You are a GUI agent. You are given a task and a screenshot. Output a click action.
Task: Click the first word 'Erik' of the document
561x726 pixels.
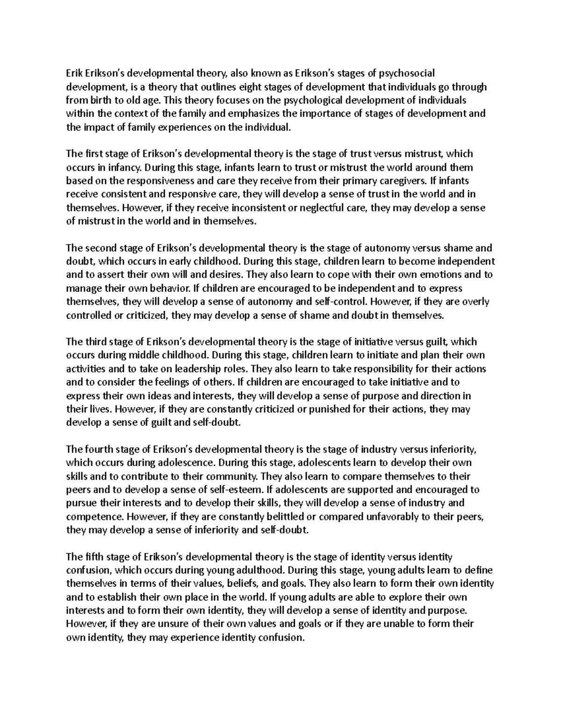pyautogui.click(x=74, y=73)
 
